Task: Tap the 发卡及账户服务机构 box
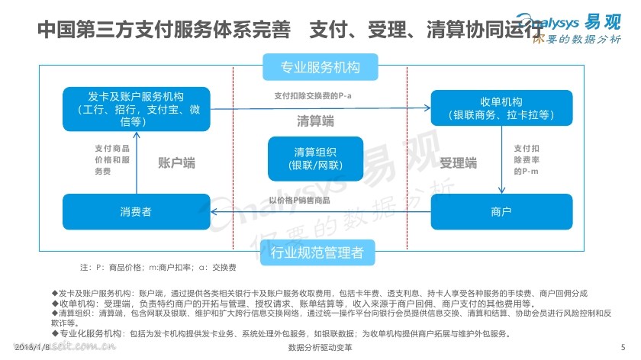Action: pyautogui.click(x=134, y=108)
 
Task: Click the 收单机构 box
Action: pyautogui.click(x=501, y=108)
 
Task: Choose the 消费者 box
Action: pyautogui.click(x=134, y=211)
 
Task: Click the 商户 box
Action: pyautogui.click(x=501, y=211)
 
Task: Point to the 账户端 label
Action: pyautogui.click(x=176, y=162)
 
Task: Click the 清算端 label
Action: pyautogui.click(x=315, y=121)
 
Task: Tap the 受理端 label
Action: pyautogui.click(x=459, y=162)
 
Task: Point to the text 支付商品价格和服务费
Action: pyautogui.click(x=112, y=160)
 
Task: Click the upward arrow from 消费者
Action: pyautogui.click(x=137, y=162)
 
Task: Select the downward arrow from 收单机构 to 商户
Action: pyautogui.click(x=501, y=162)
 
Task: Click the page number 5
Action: pyautogui.click(x=623, y=347)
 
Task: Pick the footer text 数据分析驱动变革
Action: pyautogui.click(x=320, y=348)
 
